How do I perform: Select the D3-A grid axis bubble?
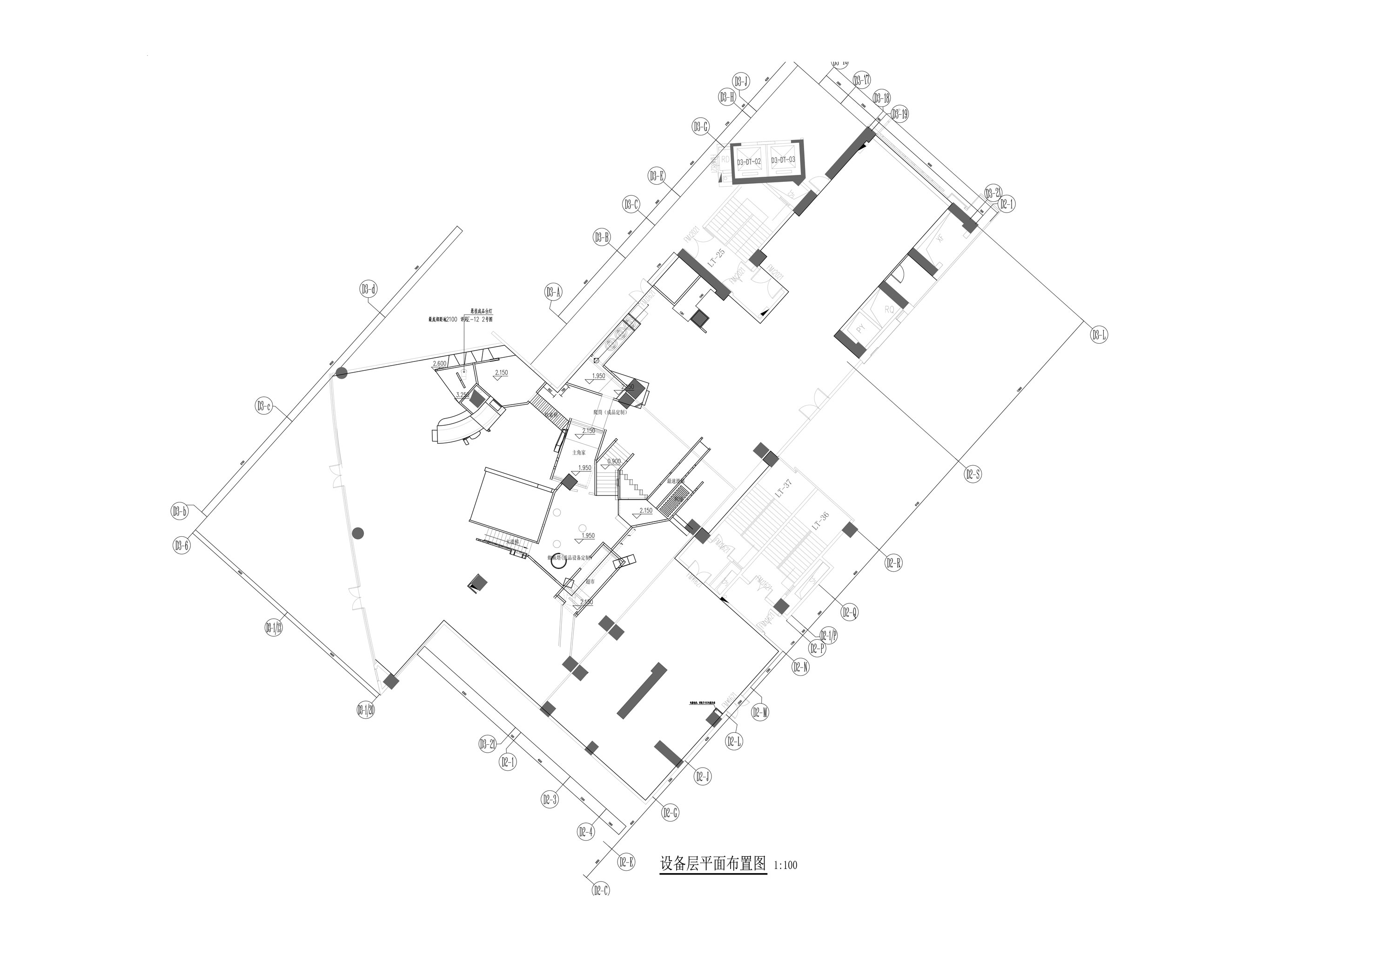pyautogui.click(x=553, y=293)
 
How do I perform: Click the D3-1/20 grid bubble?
pyautogui.click(x=366, y=710)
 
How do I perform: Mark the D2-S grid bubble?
pyautogui.click(x=973, y=474)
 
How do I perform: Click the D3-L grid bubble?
pyautogui.click(x=1099, y=335)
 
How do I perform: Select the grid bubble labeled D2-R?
pyautogui.click(x=893, y=563)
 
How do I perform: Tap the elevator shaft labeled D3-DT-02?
pyautogui.click(x=749, y=161)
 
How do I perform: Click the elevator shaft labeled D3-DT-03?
pyautogui.click(x=783, y=160)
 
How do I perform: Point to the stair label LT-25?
pyautogui.click(x=716, y=258)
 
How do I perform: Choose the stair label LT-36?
pyautogui.click(x=820, y=520)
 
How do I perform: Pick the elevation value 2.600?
pyautogui.click(x=440, y=363)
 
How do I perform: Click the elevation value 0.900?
pyautogui.click(x=614, y=461)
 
